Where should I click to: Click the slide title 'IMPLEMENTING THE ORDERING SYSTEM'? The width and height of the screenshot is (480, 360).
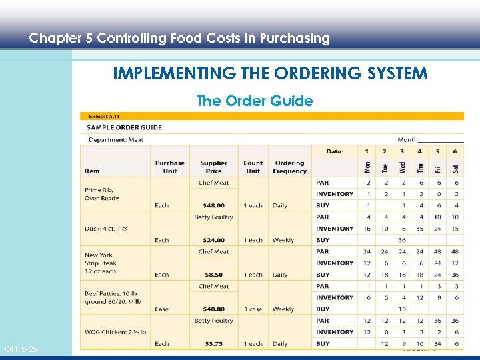click(270, 73)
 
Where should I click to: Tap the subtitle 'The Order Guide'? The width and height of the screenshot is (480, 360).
click(254, 101)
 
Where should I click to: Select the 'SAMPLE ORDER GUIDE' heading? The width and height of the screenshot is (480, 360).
click(125, 127)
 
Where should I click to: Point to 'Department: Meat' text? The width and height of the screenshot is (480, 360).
click(116, 139)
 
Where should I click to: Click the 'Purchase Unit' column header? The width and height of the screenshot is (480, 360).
click(169, 167)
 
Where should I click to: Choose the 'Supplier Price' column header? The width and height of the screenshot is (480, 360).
click(213, 167)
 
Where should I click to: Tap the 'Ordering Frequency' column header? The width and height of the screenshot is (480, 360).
click(289, 167)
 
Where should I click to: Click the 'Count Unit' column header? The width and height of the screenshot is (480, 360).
click(253, 167)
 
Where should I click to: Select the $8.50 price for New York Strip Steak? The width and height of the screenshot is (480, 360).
click(213, 275)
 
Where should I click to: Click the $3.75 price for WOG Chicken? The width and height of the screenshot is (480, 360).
click(213, 344)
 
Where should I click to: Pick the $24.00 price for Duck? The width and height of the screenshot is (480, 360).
click(213, 240)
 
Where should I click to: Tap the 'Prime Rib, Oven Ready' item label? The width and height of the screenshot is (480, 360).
click(101, 193)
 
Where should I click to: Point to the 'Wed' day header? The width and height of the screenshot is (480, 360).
click(403, 167)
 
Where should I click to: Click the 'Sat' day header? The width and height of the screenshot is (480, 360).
click(455, 167)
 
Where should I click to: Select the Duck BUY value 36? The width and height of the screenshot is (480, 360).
click(403, 240)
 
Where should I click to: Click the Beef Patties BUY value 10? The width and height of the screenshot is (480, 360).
click(403, 309)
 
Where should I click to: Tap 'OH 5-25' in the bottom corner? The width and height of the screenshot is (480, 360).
click(21, 349)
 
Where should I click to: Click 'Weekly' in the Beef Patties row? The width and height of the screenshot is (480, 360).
click(283, 309)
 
